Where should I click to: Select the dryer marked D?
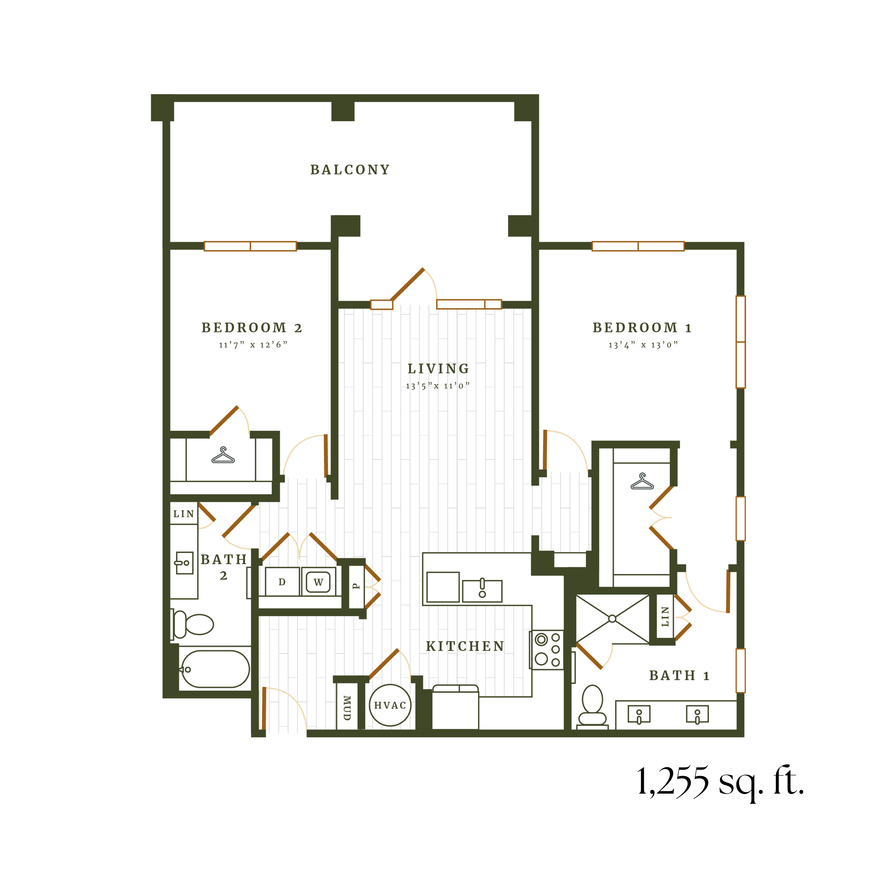tap(282, 582)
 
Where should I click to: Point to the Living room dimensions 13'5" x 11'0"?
tap(438, 386)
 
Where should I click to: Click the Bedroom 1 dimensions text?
tap(643, 345)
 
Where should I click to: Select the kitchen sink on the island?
tap(482, 591)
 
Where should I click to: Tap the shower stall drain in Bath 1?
tap(612, 618)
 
